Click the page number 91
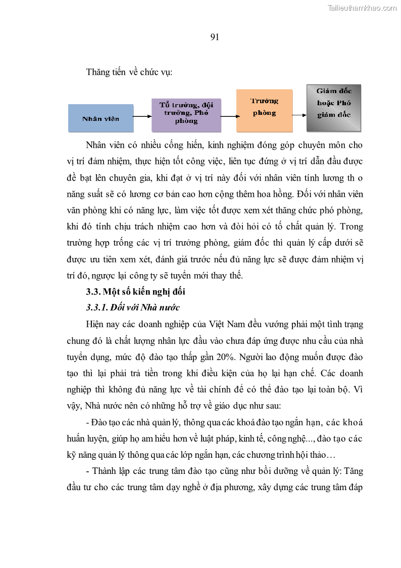(x=214, y=37)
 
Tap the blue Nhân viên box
(x=101, y=118)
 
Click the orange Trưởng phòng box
(x=264, y=110)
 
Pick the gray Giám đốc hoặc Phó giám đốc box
(x=333, y=108)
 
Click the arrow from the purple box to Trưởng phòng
(x=228, y=117)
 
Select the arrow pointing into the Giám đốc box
(x=299, y=114)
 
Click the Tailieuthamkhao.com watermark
(x=362, y=8)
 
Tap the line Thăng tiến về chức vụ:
(x=129, y=72)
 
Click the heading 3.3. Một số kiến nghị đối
(x=136, y=292)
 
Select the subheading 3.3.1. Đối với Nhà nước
(x=133, y=308)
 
